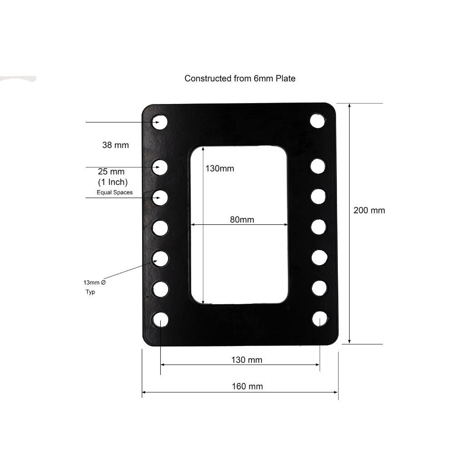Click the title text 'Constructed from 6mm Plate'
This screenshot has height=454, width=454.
tap(240, 79)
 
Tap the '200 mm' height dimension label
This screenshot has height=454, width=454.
tap(369, 210)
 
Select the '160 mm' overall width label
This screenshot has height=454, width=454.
tap(247, 386)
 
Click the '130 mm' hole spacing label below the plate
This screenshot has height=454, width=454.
tap(247, 360)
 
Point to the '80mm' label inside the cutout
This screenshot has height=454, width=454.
tap(242, 220)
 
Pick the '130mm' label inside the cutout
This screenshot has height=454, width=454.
tap(220, 168)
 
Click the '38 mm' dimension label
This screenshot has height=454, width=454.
tap(115, 145)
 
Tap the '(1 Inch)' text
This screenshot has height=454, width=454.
tap(113, 182)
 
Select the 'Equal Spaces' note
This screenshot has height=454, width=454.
tap(114, 192)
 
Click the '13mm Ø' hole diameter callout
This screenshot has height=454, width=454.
tap(94, 282)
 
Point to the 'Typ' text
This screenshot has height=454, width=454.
tap(90, 292)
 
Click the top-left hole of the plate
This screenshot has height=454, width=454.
tap(160, 122)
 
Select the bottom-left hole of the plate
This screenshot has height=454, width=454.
tap(160, 320)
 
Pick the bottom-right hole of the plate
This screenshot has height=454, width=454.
tap(320, 319)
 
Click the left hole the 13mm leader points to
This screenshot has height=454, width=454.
tap(160, 258)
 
